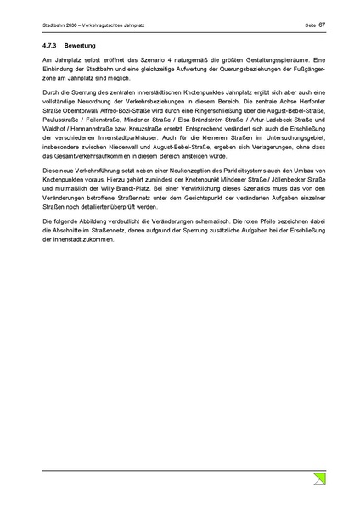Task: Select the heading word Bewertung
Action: click(85, 43)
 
